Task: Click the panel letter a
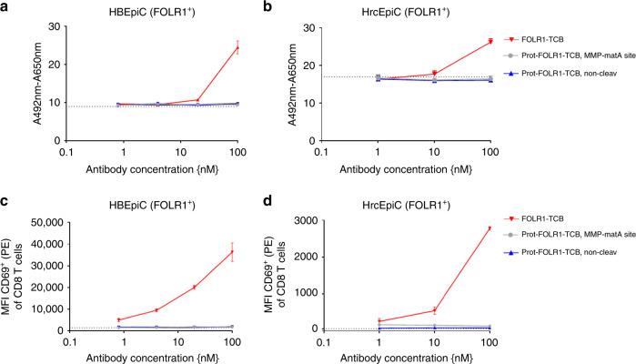click(6, 7)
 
